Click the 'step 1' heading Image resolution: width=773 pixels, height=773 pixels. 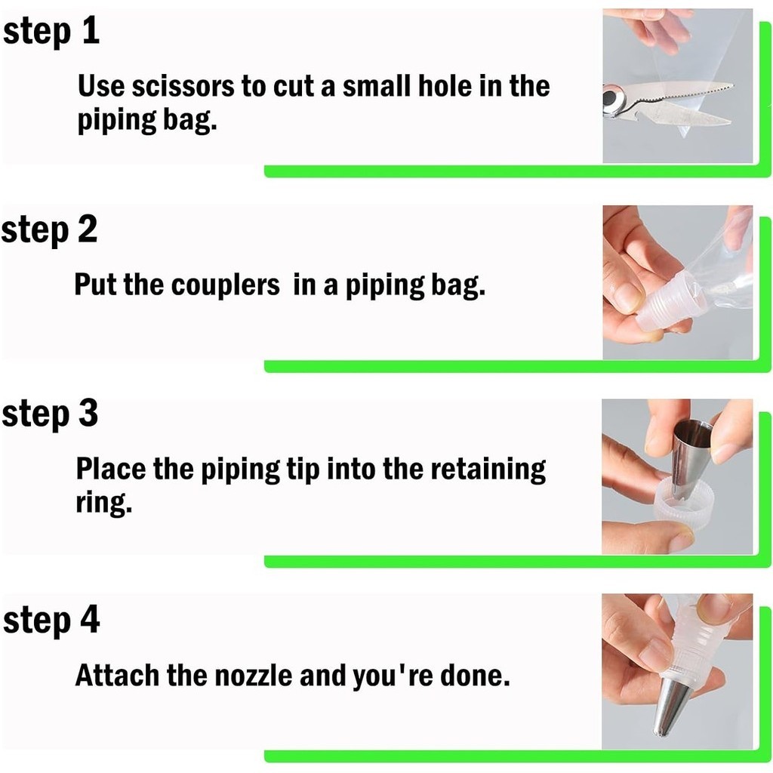pos(51,32)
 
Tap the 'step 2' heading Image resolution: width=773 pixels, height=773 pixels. pos(49,230)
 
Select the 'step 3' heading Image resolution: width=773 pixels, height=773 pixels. pos(50,414)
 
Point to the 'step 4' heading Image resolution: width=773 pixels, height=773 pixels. pos(51,621)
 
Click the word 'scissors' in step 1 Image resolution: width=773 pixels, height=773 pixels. pos(183,86)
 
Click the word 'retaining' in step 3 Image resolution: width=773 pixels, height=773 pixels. pos(488,470)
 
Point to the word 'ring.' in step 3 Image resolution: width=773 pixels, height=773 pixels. pos(104,503)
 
